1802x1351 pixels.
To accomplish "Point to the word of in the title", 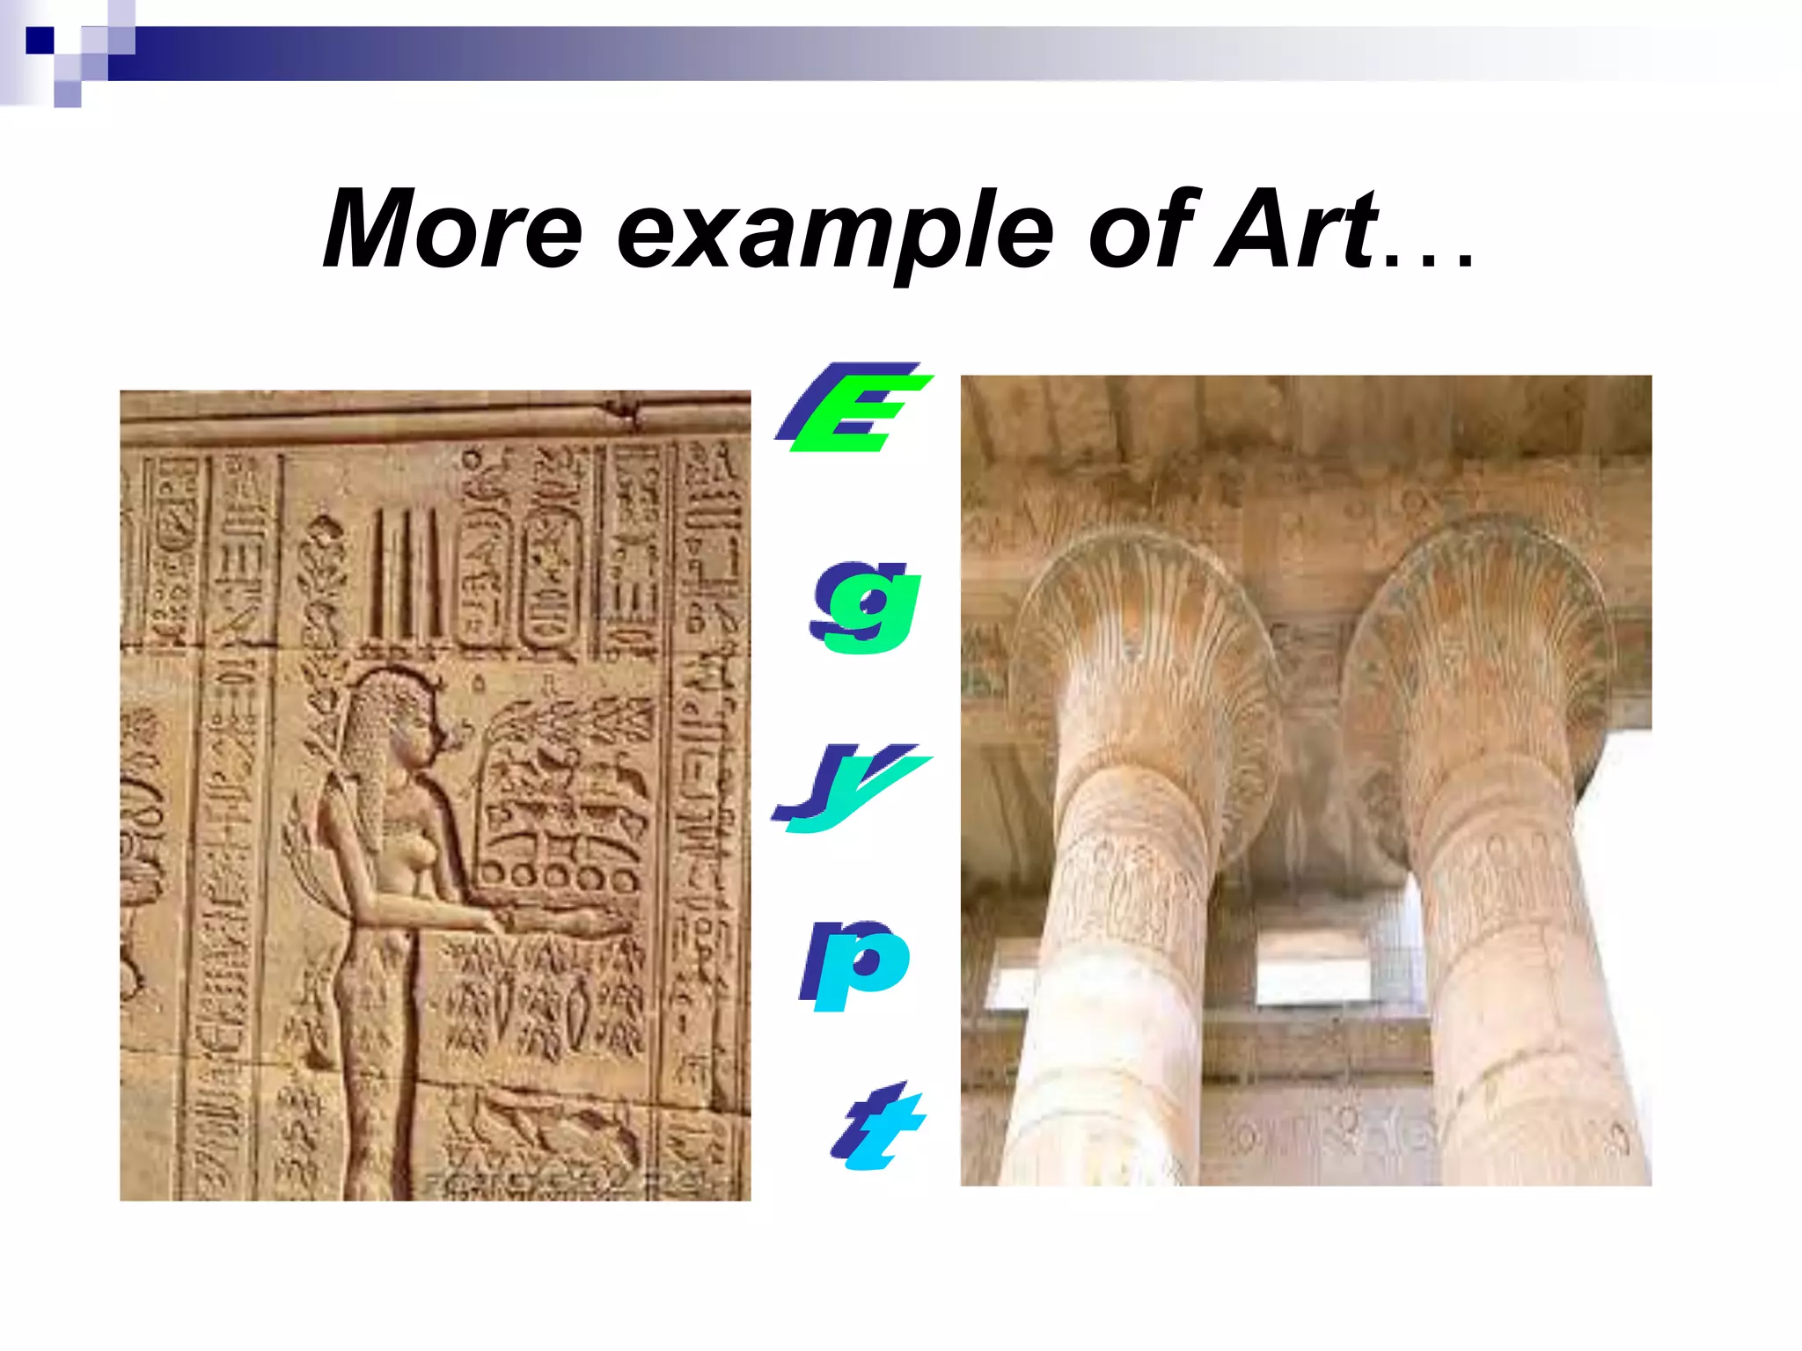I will tap(1140, 230).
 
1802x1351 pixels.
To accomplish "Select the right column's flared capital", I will tap(1478, 642).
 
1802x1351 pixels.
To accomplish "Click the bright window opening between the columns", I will tap(1311, 968).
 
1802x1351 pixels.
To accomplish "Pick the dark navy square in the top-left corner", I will tap(40, 40).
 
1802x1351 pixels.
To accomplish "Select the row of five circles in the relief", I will tap(560, 878).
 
